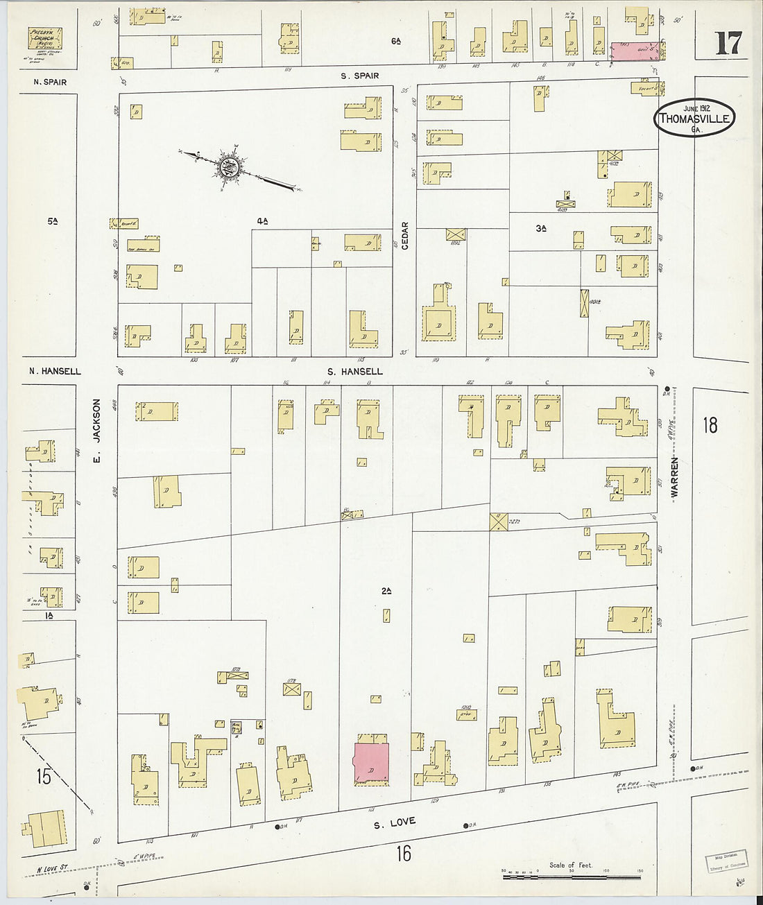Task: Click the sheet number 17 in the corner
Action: pos(728,44)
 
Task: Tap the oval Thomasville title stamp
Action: pos(694,118)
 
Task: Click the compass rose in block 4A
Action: pos(228,166)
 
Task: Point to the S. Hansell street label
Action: pos(354,372)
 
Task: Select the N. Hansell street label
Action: pos(55,372)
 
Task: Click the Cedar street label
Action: pos(405,236)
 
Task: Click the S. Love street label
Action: pos(394,823)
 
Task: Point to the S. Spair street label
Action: pos(359,76)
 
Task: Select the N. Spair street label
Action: pos(50,83)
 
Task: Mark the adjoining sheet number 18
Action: pos(710,424)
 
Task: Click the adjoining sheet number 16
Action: pos(403,853)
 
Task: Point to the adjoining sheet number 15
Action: pos(44,777)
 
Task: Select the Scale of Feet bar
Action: pos(571,877)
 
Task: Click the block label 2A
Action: pos(386,591)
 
